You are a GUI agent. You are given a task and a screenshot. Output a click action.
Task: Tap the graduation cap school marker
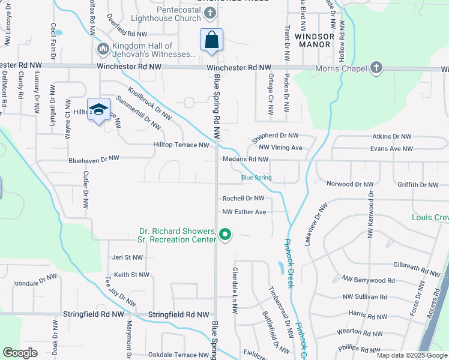98,110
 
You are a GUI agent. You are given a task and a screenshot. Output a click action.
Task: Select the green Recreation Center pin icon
225,234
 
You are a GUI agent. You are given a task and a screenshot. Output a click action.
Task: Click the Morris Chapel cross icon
376,68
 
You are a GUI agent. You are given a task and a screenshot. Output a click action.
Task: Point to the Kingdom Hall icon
103,48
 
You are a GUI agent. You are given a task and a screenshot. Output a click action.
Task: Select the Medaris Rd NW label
245,160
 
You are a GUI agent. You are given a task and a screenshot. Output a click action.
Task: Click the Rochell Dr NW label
243,198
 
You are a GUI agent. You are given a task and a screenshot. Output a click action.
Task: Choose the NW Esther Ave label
244,212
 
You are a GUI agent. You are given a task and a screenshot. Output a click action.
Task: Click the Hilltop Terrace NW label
181,145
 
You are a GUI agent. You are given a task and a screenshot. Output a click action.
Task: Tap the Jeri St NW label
127,257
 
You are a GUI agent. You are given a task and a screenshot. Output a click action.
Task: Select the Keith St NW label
131,275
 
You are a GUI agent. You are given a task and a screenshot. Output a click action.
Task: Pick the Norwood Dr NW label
349,184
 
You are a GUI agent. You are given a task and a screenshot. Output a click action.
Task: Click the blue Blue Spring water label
256,178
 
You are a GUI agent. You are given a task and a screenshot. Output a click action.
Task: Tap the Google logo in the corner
20,353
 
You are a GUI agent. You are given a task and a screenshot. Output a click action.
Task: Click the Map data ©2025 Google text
412,355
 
